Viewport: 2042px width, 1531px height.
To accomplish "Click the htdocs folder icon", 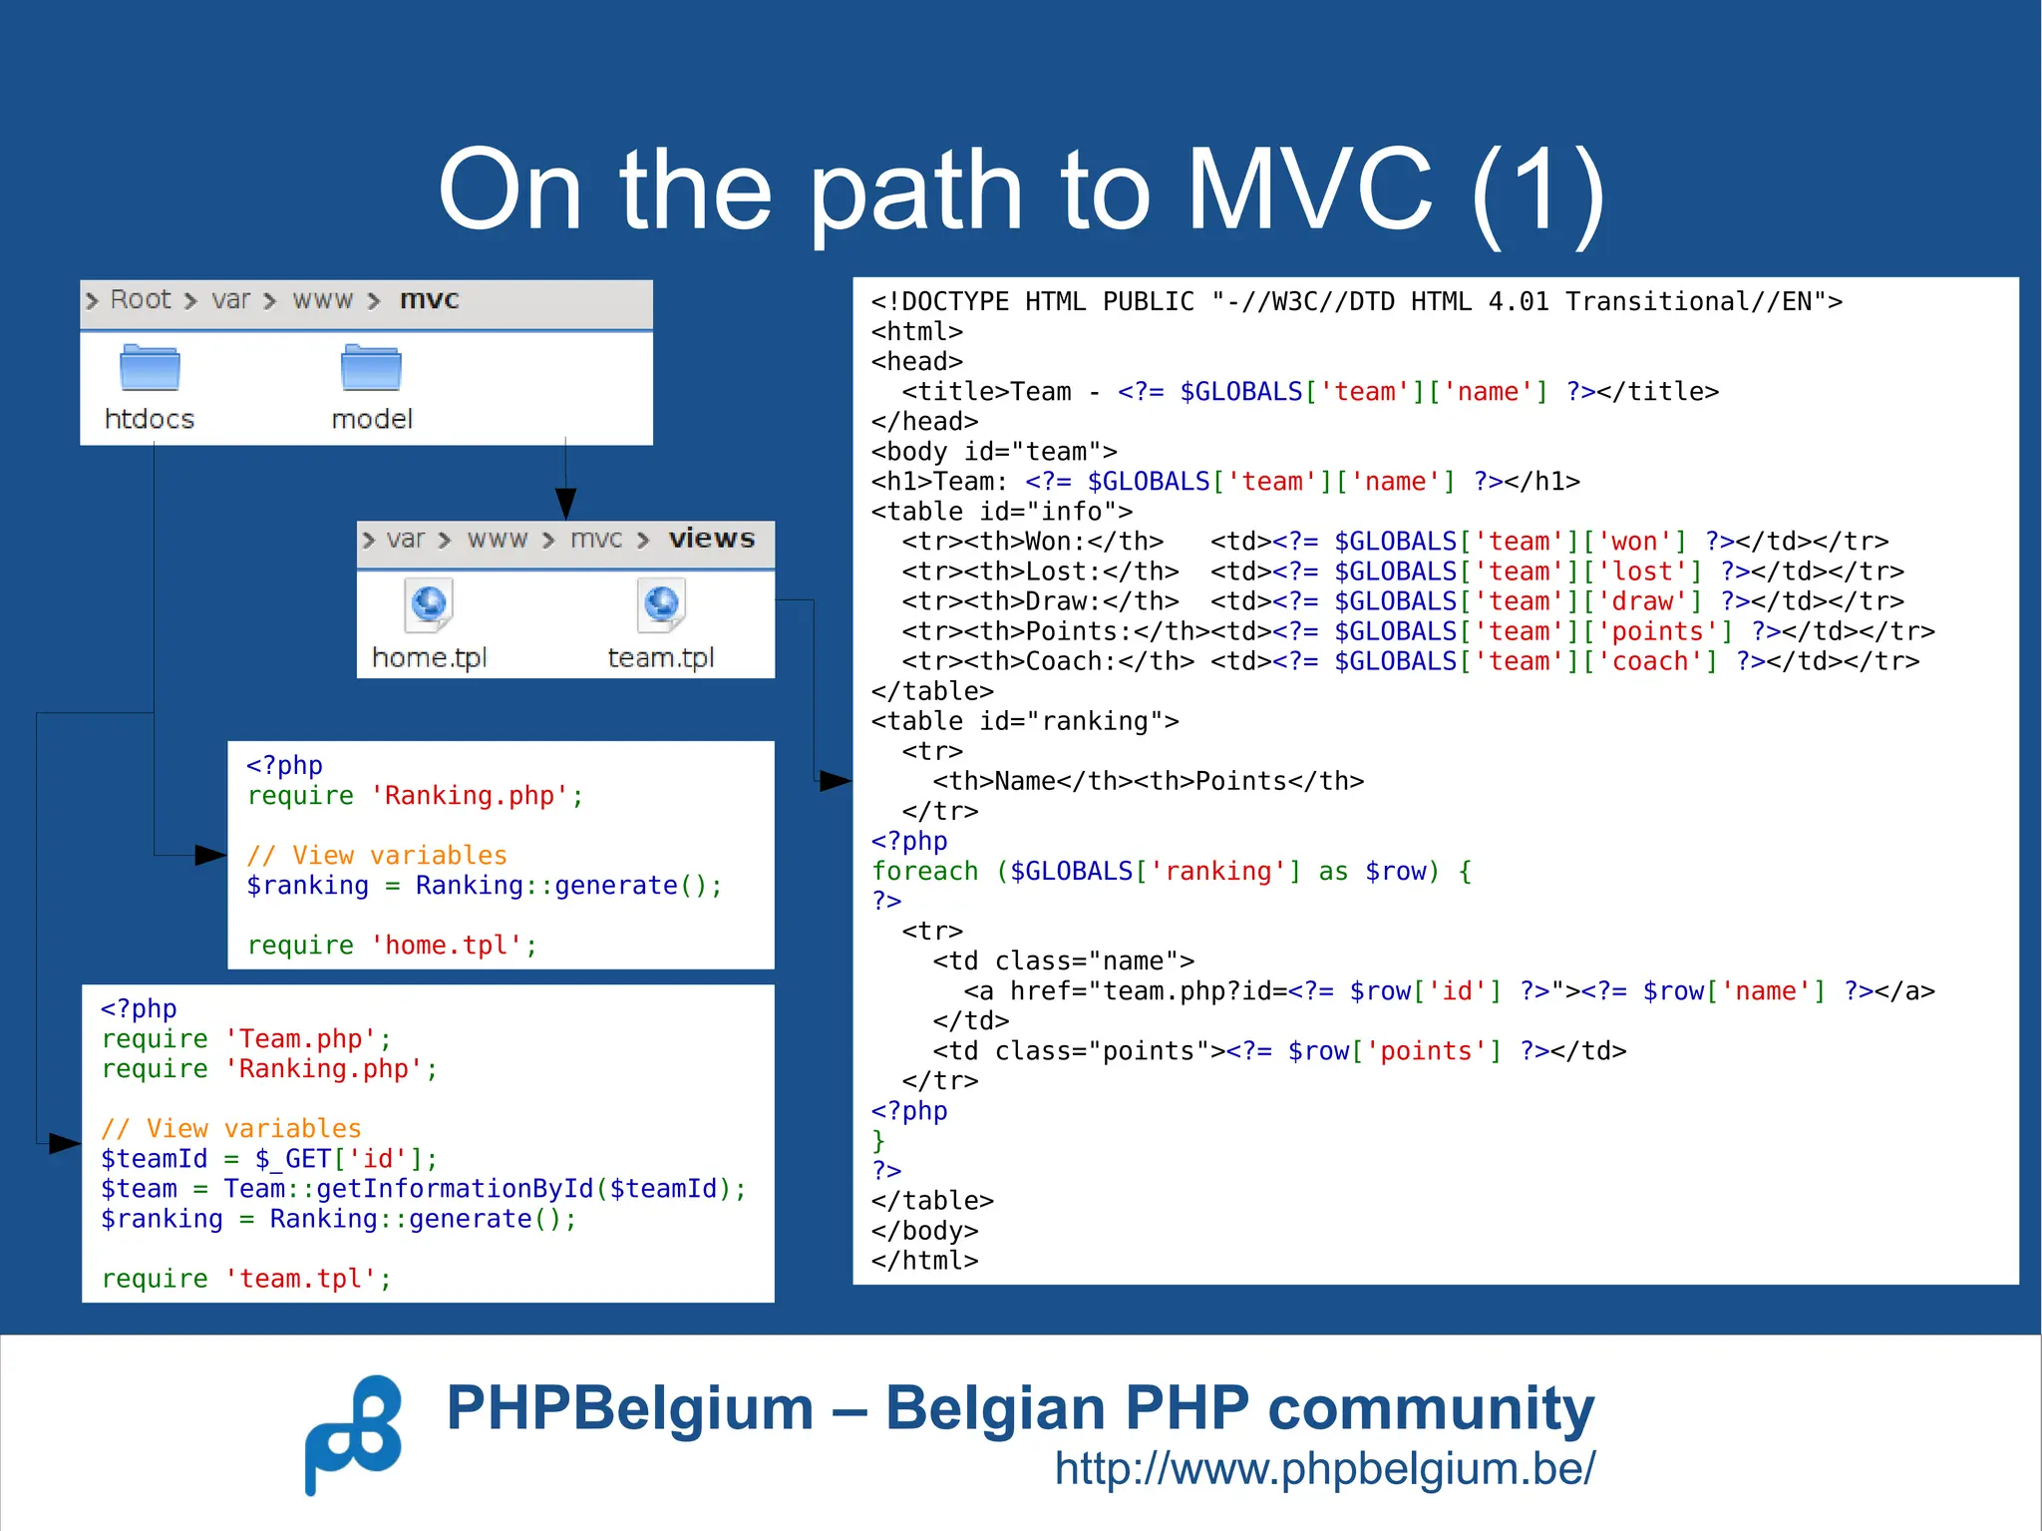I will [x=150, y=368].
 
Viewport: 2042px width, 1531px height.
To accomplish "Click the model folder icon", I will [x=371, y=368].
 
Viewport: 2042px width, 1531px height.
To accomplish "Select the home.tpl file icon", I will [x=430, y=604].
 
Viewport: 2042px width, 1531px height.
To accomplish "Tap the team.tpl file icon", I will [x=662, y=604].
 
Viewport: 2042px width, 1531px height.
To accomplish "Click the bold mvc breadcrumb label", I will [x=430, y=300].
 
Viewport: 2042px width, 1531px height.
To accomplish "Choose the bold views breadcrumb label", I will [x=712, y=540].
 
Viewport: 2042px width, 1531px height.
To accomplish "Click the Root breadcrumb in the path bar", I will [x=141, y=300].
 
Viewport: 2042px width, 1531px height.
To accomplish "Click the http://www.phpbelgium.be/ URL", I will [x=1325, y=1468].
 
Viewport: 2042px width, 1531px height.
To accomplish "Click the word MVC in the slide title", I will [x=1309, y=190].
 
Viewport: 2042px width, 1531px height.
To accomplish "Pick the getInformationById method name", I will [x=456, y=1189].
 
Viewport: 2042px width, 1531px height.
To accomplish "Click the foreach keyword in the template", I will [x=925, y=872].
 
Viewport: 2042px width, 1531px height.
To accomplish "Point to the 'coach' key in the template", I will [x=1658, y=662].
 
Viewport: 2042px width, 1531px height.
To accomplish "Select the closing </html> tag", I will [x=924, y=1262].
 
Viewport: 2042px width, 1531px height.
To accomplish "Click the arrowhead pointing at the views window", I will [x=565, y=504].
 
